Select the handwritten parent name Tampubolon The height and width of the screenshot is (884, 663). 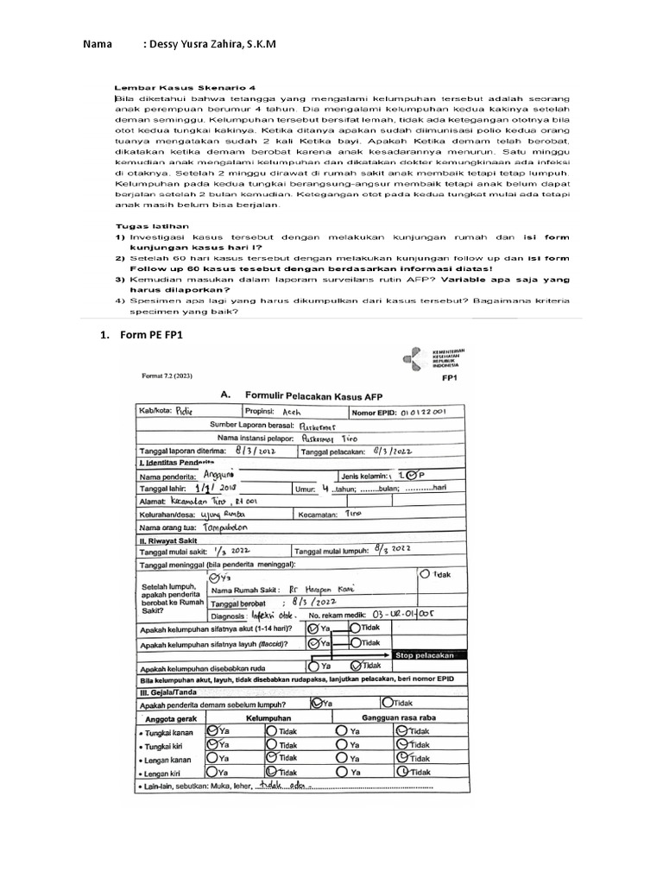(227, 524)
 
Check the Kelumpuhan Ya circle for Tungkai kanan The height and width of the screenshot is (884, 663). (213, 729)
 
